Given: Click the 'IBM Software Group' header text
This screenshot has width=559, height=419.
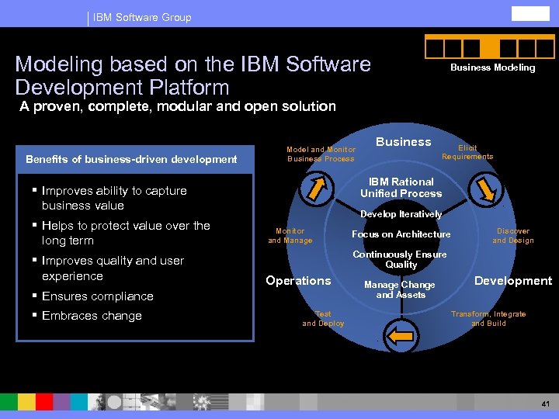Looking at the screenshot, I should coord(142,17).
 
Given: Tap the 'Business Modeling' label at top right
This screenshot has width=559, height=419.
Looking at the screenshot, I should coord(492,68).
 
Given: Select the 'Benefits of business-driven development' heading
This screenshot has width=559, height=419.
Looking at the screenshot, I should coord(131,159).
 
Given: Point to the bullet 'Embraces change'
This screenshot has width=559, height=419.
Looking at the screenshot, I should coord(92,316).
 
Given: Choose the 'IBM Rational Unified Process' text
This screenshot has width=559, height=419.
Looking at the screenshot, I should coord(401,188).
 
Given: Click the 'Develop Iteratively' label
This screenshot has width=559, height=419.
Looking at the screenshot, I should coord(401,214).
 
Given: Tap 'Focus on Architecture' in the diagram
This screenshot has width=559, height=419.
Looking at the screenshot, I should coord(401,234).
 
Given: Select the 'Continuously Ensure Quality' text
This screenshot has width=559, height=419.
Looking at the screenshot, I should coord(400,259).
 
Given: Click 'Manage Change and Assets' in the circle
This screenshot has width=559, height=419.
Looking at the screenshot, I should coord(400,289).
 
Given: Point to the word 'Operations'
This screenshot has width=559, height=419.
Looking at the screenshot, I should coord(298,281).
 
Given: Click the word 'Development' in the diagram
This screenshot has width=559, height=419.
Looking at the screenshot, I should coord(513,281).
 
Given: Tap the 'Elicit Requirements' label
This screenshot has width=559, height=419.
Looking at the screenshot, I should coord(467,152).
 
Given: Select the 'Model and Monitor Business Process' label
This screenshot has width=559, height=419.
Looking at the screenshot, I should coord(321,154).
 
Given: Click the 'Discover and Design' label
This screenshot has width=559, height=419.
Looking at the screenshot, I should coord(513,235).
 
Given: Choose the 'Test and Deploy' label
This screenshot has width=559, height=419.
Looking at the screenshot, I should coord(323,319).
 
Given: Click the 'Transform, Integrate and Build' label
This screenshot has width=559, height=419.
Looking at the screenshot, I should coord(488,319).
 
